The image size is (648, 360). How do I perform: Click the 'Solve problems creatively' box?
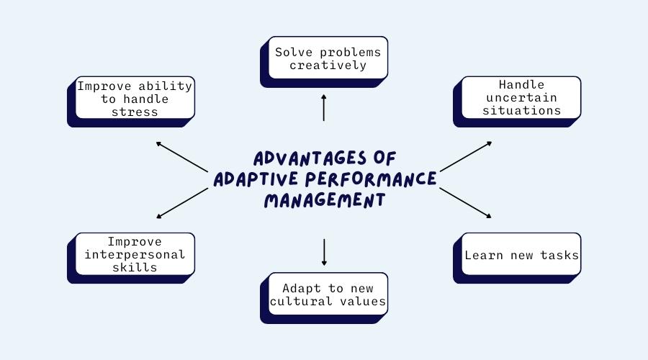[324, 62]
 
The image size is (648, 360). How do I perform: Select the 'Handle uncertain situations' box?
[517, 102]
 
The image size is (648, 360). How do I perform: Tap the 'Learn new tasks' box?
[517, 258]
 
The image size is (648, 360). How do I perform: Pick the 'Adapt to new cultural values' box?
[324, 298]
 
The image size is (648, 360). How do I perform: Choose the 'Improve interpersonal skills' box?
[131, 258]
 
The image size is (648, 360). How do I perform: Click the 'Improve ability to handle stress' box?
[131, 102]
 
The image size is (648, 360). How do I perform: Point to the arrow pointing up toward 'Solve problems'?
[323, 107]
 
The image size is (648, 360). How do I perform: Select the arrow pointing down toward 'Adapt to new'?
[324, 252]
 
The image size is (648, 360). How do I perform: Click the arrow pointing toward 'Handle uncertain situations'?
[466, 156]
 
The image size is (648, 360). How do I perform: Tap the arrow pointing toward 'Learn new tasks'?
[465, 203]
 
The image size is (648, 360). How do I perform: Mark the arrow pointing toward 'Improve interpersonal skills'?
[182, 203]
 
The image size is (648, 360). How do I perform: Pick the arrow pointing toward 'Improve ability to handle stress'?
[182, 157]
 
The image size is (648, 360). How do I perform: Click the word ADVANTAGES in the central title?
[310, 158]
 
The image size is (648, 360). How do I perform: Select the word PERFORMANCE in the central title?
[371, 179]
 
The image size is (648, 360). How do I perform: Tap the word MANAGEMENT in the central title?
[325, 200]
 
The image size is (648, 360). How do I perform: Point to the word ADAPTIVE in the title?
[256, 179]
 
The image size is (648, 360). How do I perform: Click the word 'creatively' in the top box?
[328, 66]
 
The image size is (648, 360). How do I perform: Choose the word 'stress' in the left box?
[135, 112]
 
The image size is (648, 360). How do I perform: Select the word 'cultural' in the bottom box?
[301, 301]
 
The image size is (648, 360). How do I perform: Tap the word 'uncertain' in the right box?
[521, 97]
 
